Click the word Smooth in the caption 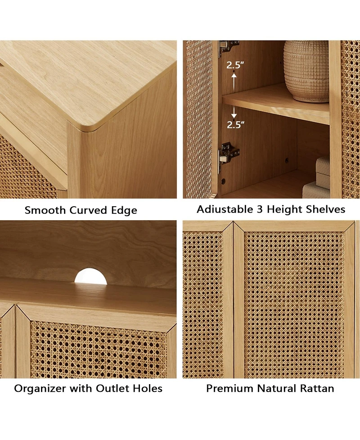[45, 210]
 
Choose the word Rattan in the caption [317, 389]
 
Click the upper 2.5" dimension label [235, 65]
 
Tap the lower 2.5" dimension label [235, 124]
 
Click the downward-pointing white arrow [234, 112]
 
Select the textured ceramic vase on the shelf [306, 72]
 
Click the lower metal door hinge [228, 154]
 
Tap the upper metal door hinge [228, 46]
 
